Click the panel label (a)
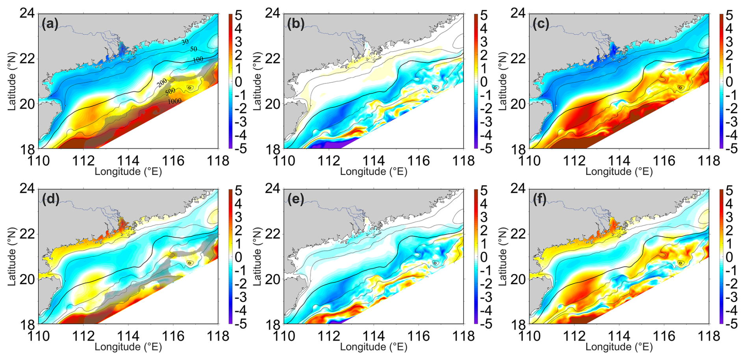click(x=50, y=24)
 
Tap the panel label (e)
click(x=296, y=200)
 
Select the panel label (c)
click(x=541, y=24)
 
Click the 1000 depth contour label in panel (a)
click(x=174, y=102)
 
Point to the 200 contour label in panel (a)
click(x=162, y=83)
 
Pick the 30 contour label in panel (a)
click(x=185, y=42)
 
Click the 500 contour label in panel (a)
click(x=170, y=92)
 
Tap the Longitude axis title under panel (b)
click(x=373, y=172)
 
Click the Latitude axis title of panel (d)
click(x=11, y=257)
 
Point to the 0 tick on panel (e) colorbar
click(x=484, y=257)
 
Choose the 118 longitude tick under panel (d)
click(x=218, y=336)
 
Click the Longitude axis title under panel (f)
click(x=619, y=347)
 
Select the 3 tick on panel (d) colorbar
click(x=238, y=217)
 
